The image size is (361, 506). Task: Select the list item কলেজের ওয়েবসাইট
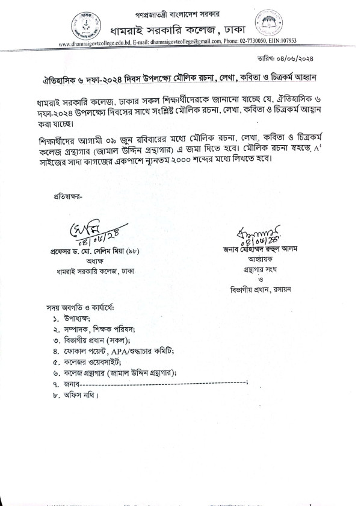point(91,362)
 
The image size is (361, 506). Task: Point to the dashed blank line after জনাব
point(162,384)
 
